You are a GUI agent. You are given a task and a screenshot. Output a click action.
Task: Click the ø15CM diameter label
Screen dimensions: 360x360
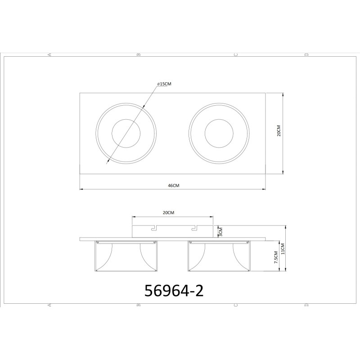[x=164, y=84]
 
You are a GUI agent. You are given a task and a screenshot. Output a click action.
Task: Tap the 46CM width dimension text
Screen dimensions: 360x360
[x=174, y=185]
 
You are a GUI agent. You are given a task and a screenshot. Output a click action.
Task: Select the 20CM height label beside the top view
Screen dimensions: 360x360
[x=279, y=130]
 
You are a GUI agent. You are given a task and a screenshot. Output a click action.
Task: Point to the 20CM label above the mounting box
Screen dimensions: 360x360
[x=168, y=213]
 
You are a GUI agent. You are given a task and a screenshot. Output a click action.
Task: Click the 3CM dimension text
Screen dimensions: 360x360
[x=221, y=232]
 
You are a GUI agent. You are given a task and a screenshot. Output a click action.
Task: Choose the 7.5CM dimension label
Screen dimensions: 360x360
[x=276, y=257]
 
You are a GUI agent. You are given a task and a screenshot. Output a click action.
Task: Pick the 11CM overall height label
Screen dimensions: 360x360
[x=283, y=249]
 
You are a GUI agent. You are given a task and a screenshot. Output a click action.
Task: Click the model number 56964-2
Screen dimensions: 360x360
[x=174, y=291]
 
